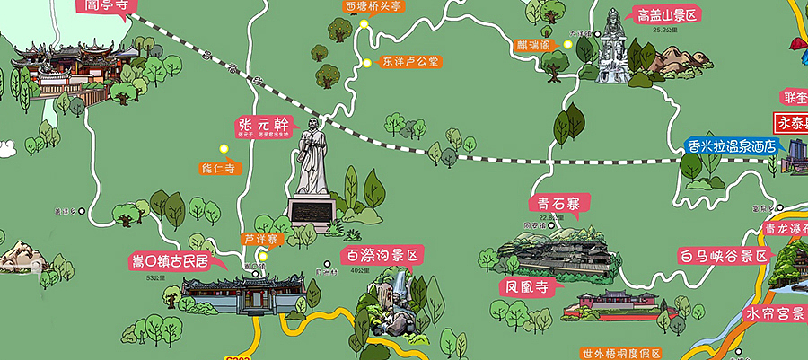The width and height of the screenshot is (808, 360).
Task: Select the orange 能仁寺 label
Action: coord(221,167)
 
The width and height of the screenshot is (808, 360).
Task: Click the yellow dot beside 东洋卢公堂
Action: coord(366,62)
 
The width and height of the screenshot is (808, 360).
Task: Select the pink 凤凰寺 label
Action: coord(528,287)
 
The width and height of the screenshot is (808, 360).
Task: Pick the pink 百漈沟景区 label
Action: coord(382,256)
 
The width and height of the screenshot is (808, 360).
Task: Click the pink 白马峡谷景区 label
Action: coord(725,256)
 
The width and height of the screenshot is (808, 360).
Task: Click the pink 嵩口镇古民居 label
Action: coord(171,262)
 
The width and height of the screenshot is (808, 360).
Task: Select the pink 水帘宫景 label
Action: coord(775,315)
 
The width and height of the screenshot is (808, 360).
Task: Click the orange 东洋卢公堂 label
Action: coord(409,62)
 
